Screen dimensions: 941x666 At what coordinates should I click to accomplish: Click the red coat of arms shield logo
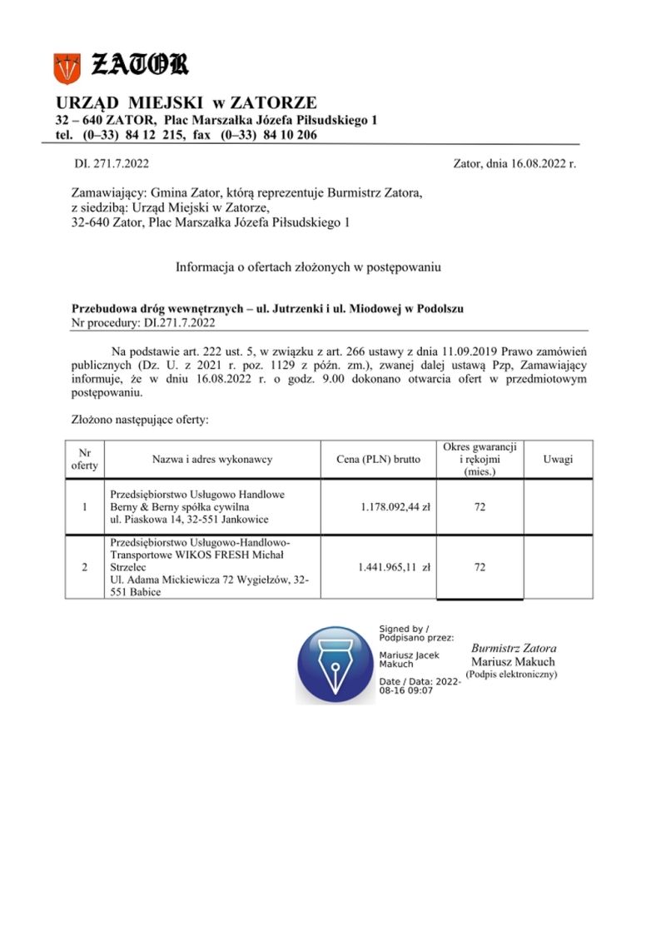66,66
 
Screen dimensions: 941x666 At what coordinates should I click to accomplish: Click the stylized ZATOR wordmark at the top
139,63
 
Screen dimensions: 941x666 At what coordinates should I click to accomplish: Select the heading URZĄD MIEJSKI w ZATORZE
186,102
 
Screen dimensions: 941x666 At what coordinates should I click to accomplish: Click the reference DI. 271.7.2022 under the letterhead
112,163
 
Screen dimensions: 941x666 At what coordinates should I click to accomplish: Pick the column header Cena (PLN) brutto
379,459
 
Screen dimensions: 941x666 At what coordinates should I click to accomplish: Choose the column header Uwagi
558,459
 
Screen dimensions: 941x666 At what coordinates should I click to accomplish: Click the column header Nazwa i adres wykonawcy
212,459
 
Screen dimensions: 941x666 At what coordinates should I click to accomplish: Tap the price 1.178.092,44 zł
395,506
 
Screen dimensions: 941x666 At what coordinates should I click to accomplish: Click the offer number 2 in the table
84,567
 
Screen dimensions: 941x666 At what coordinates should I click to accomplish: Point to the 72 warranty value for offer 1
480,506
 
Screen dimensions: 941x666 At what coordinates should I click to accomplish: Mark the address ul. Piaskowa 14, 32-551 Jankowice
189,519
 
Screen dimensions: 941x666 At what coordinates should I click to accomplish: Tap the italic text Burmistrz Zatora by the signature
514,648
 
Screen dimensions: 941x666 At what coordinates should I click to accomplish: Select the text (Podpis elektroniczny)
511,673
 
